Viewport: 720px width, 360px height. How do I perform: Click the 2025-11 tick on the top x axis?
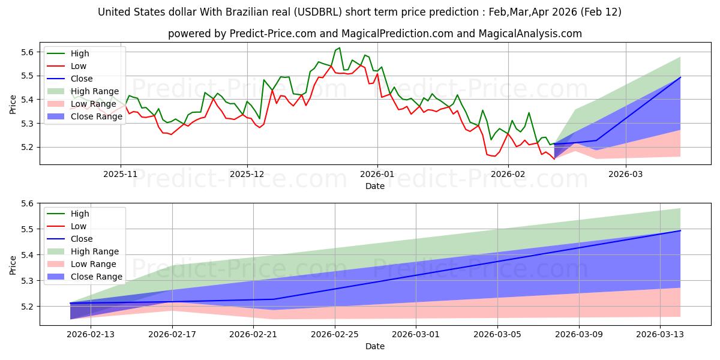click(121, 175)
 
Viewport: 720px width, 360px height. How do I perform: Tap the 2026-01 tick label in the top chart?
click(377, 175)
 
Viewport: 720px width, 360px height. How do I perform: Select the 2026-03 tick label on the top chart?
click(626, 175)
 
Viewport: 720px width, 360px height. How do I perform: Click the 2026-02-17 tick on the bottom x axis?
click(172, 335)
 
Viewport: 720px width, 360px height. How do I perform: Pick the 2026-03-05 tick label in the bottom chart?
click(497, 335)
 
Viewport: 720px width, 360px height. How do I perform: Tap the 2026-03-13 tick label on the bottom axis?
click(660, 335)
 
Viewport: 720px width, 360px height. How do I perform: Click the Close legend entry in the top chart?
click(82, 79)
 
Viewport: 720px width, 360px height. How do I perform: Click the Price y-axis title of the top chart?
click(13, 103)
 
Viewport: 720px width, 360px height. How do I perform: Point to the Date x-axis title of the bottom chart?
click(375, 346)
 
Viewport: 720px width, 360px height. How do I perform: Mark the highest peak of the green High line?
click(340, 48)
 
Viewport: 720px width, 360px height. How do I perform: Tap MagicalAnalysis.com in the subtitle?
click(530, 34)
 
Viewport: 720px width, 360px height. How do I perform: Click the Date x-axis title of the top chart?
click(375, 186)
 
